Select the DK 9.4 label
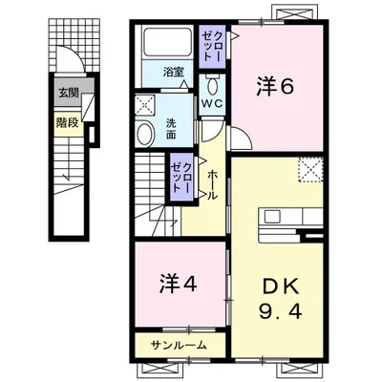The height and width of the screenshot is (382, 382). point(280,299)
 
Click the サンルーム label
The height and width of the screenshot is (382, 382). point(179,345)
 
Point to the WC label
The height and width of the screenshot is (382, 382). point(212,103)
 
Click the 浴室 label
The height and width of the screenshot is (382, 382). point(173,73)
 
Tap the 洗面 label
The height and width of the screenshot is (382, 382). point(171,129)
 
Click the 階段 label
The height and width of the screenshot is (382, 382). point(68,122)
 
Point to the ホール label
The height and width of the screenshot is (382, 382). point(212,185)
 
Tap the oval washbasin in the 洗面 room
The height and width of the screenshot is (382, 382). point(145,134)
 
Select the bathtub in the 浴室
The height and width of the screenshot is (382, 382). point(167,43)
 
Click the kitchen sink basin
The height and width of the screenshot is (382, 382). point(272,217)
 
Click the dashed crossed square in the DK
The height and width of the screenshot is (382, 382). point(310,169)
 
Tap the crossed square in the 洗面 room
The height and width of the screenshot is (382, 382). point(144,105)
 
